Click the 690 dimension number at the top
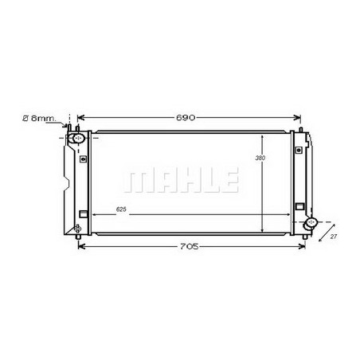coord(185,117)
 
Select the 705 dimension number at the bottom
coord(188,246)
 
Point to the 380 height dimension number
coord(260,158)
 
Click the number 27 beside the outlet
coord(334,237)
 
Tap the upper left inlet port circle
coord(77,140)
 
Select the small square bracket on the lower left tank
coord(84,213)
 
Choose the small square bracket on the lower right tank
coord(300,205)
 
